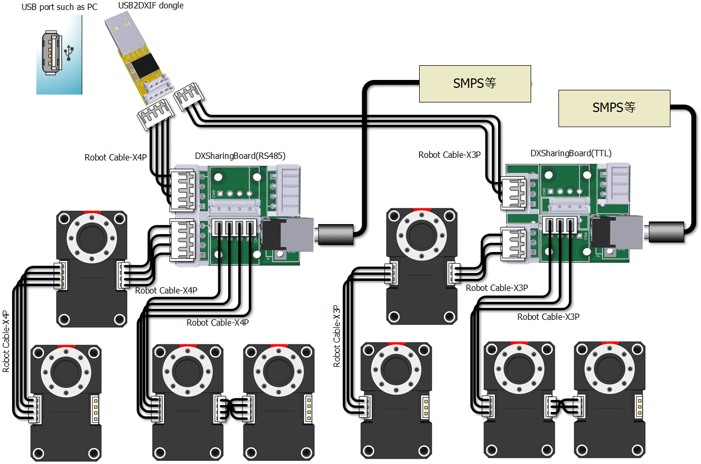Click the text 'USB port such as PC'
pyautogui.click(x=59, y=8)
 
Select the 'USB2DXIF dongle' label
pyautogui.click(x=151, y=6)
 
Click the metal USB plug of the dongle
pyautogui.click(x=121, y=31)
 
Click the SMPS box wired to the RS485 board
pyautogui.click(x=474, y=84)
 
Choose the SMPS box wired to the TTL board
pyautogui.click(x=614, y=108)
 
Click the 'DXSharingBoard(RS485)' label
pyautogui.click(x=240, y=156)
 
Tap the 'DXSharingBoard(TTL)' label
pyautogui.click(x=571, y=154)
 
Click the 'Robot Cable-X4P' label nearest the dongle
pyautogui.click(x=116, y=157)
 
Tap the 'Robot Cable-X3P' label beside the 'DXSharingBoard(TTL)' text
pyautogui.click(x=450, y=155)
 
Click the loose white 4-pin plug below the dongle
pyautogui.click(x=155, y=115)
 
